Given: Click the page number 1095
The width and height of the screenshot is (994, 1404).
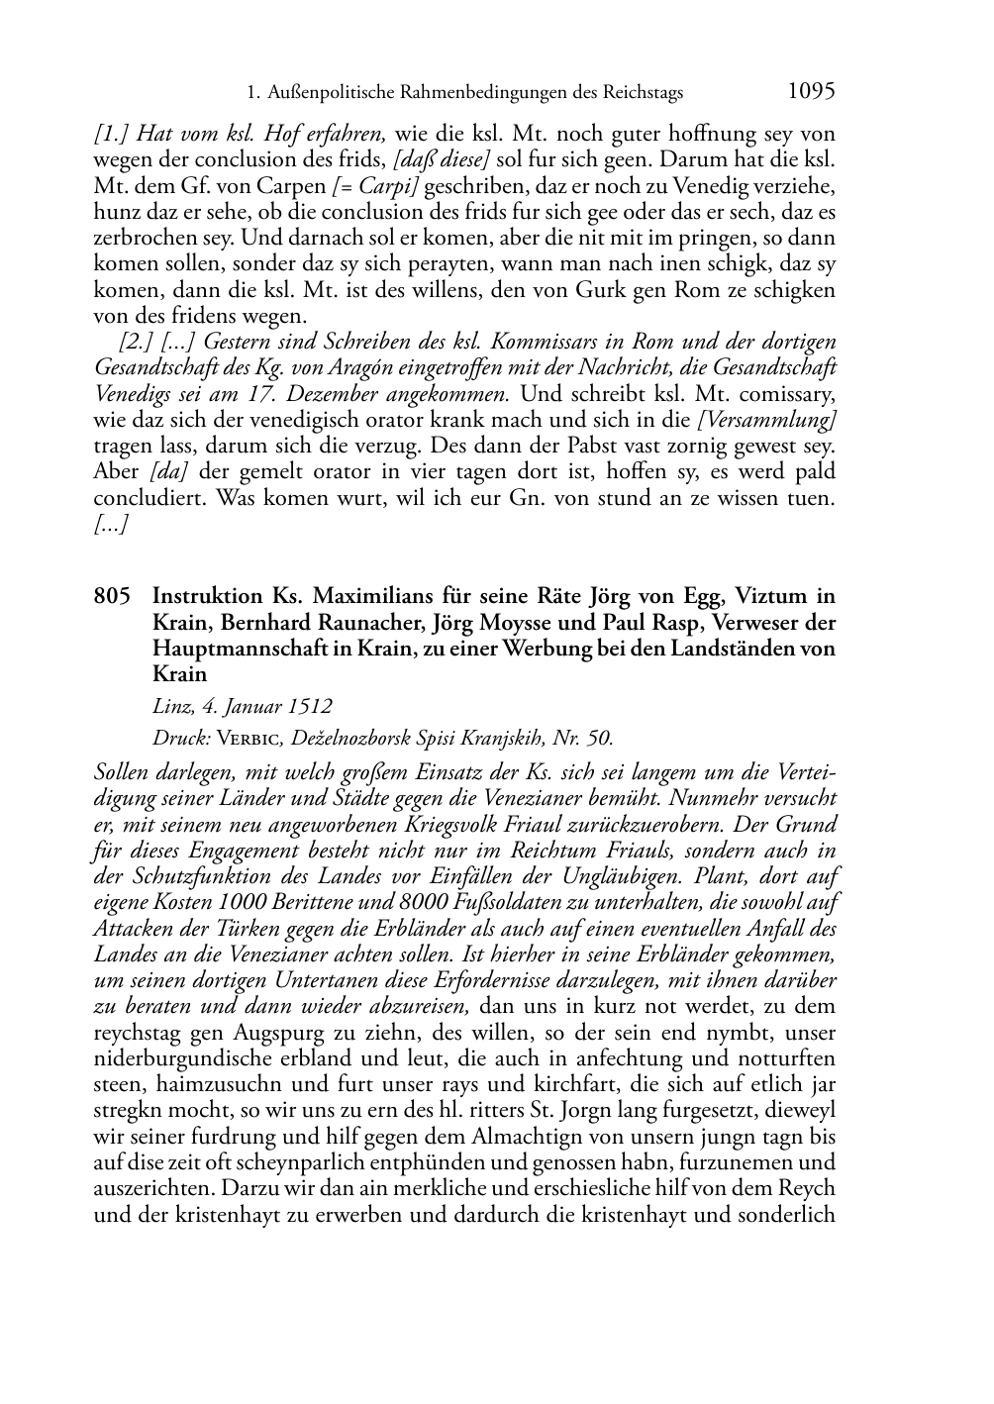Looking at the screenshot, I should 812,91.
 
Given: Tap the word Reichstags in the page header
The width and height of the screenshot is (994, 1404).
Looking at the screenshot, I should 644,93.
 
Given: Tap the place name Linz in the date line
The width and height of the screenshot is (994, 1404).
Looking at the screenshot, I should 173,707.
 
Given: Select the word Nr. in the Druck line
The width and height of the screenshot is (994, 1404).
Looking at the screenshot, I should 567,738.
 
